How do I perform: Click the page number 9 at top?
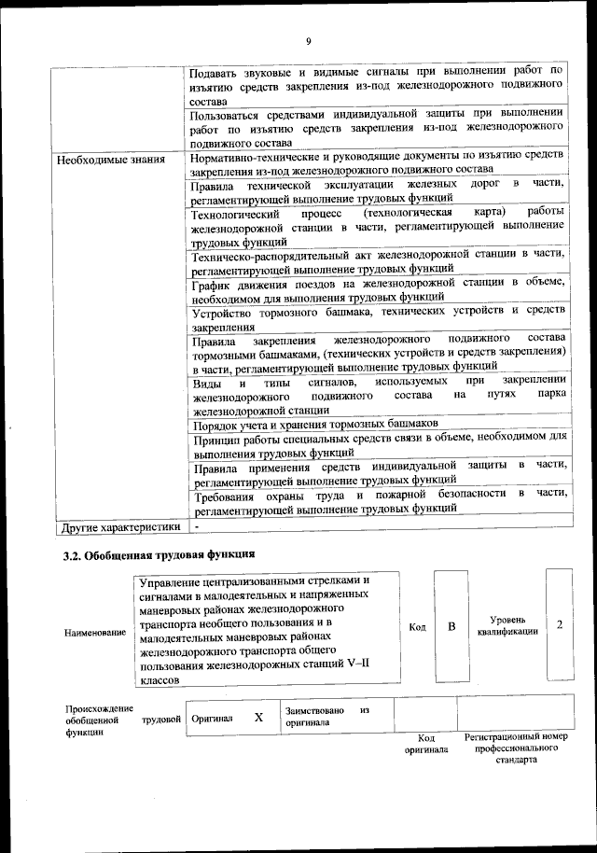point(307,40)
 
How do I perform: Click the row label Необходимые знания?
point(105,159)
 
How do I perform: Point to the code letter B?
point(451,626)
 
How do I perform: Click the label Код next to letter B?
point(417,627)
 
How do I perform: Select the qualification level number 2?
point(559,624)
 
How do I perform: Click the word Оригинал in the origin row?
point(212,719)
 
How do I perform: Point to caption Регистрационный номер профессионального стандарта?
point(515,748)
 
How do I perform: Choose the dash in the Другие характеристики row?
point(197,527)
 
